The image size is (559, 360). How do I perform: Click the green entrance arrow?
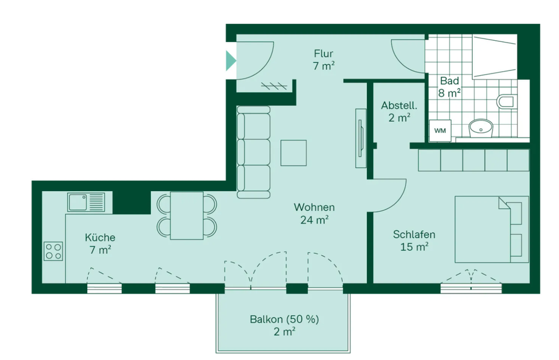pos(231,61)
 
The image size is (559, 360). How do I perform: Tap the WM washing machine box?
pos(440,130)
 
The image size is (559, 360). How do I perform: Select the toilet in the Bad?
pos(506,101)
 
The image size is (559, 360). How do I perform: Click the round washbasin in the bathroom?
pos(480,128)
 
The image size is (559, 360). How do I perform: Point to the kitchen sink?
pos(86,202)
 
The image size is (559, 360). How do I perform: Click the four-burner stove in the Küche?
pos(53,251)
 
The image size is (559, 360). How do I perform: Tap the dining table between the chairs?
pos(187,216)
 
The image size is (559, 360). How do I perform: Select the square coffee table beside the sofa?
pos(293,153)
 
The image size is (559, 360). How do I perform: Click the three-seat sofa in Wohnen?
pos(253,152)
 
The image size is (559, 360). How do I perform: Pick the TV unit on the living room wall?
pos(360,138)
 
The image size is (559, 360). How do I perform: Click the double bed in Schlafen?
pos(491,229)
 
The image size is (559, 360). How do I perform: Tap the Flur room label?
pos(323,54)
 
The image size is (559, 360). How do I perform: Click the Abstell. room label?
pos(399,105)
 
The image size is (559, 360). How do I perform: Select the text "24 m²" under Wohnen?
pos(314,220)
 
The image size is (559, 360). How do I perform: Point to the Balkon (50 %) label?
pos(285,319)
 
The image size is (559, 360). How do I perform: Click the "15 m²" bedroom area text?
pos(414,246)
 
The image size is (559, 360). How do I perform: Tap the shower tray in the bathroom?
pos(494,57)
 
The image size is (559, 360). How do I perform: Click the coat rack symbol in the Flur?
pos(274,86)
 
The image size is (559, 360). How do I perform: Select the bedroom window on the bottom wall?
pos(471,288)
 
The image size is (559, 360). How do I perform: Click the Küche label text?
pos(100,237)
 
